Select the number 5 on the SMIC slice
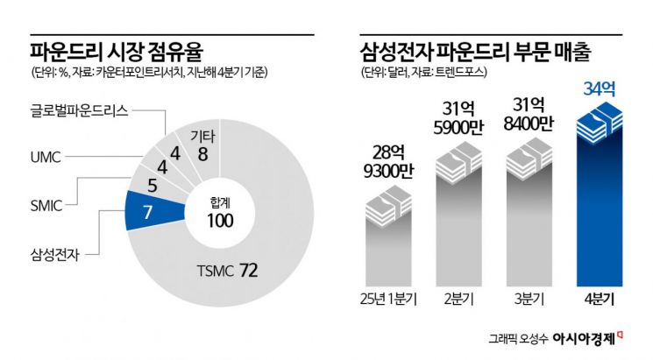coord(153,185)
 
